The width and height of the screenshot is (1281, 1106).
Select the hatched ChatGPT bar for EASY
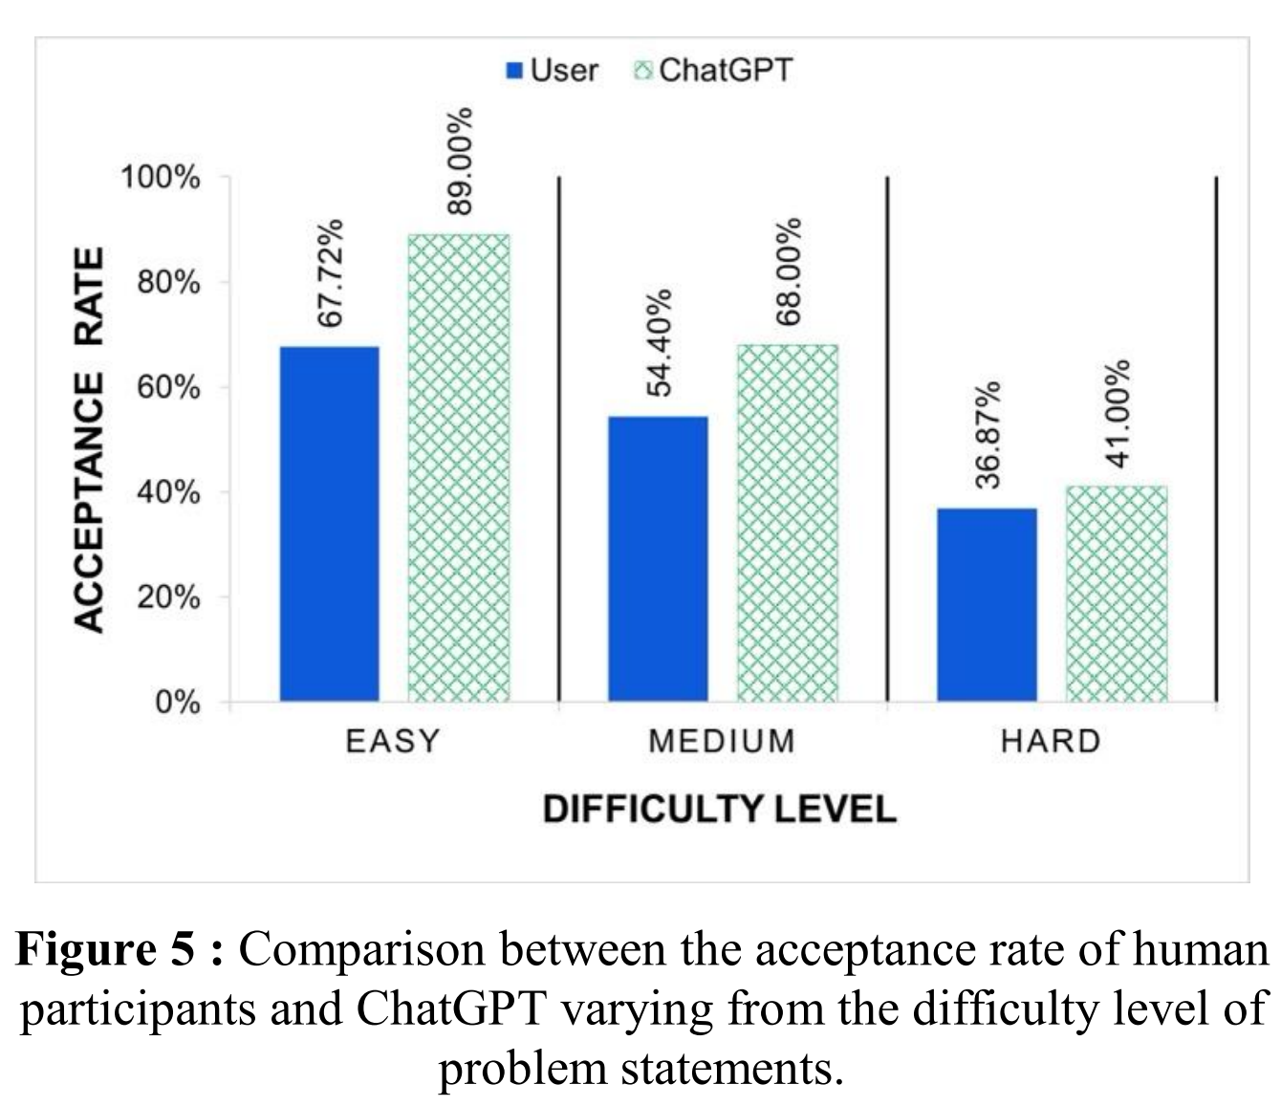[459, 468]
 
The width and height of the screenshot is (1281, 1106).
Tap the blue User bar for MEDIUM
[658, 559]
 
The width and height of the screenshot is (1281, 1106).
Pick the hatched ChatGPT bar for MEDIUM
[787, 524]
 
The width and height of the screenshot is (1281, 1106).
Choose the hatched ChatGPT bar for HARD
[1116, 594]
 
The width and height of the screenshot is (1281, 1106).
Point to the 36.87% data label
[989, 435]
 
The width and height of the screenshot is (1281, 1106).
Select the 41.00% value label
[1118, 413]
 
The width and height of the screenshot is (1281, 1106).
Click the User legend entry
[552, 70]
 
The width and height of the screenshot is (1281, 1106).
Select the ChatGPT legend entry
[713, 70]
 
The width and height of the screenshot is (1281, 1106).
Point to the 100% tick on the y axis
[161, 178]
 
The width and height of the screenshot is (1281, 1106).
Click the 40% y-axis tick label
[167, 493]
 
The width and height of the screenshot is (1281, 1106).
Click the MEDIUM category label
[721, 742]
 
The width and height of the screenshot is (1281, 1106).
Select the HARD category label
[1051, 742]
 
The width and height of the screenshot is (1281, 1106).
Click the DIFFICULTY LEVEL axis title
[720, 810]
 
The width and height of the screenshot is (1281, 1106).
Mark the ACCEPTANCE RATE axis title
[89, 440]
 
